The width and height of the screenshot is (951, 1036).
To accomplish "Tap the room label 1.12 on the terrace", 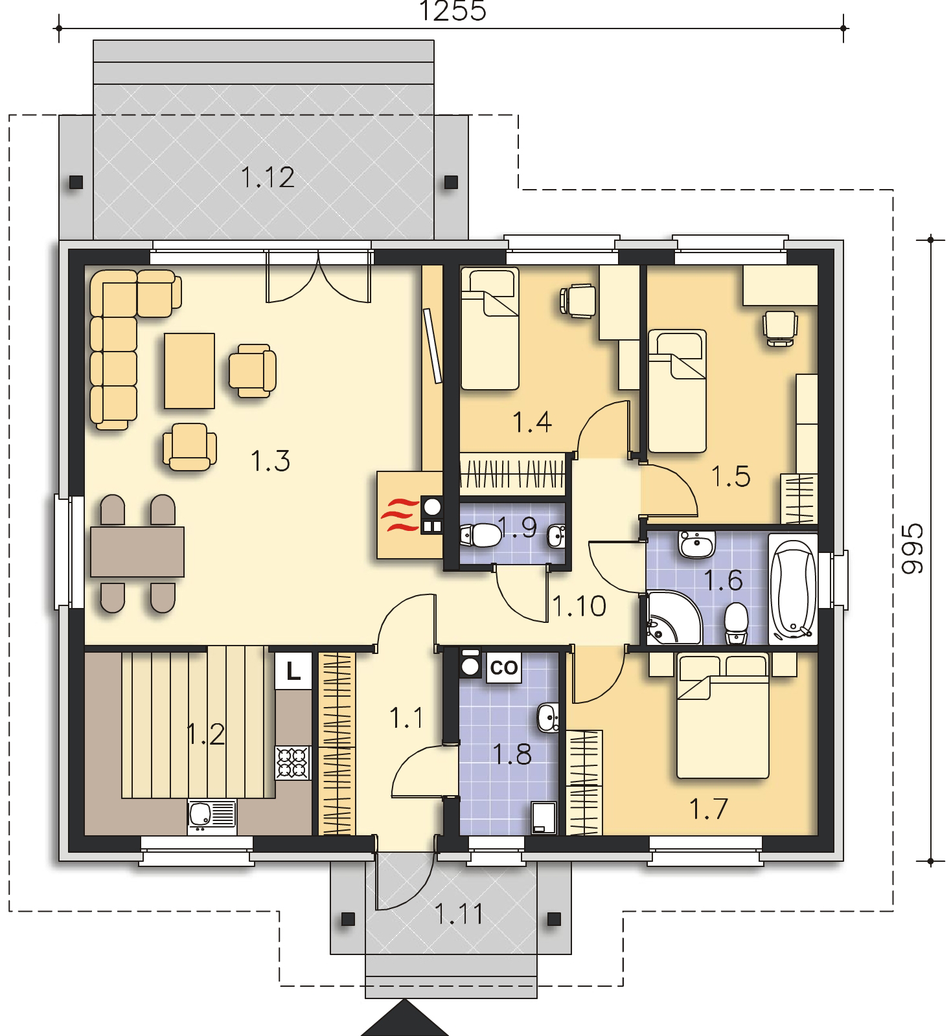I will point(268,177).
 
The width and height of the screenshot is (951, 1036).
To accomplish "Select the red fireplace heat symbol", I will point(397,516).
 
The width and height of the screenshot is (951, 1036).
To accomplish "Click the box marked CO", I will point(503,667).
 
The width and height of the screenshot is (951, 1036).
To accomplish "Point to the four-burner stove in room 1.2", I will point(293,763).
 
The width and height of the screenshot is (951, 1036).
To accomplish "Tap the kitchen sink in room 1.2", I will point(212,816).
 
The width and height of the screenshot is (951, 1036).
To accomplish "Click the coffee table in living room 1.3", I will point(189,370).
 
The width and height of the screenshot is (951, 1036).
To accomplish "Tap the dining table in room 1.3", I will point(137,552).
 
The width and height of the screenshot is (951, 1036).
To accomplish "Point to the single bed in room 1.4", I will point(490,329).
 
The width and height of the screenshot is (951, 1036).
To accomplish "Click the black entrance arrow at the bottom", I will point(404,1020).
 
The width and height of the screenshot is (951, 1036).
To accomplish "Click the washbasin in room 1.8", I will point(547,717).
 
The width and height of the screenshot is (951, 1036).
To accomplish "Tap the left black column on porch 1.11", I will point(348,918).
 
